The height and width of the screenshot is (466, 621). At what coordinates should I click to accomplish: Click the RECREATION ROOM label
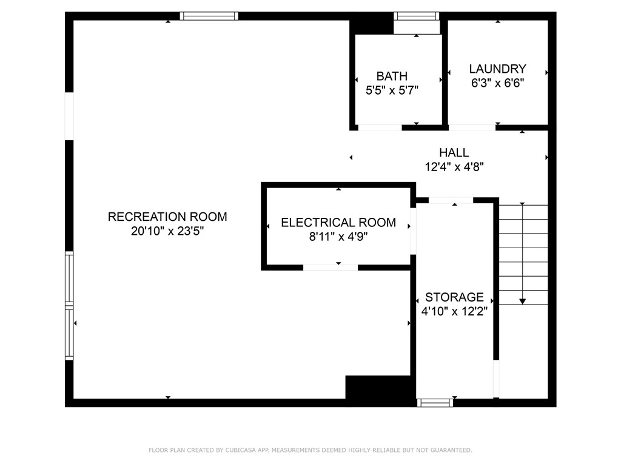point(167,217)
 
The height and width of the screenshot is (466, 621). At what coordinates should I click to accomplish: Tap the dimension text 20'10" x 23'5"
point(167,231)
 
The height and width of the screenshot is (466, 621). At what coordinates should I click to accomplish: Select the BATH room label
point(392,76)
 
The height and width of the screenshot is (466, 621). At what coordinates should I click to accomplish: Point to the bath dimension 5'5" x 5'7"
point(392,90)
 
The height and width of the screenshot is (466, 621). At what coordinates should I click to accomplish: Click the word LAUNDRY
point(497,69)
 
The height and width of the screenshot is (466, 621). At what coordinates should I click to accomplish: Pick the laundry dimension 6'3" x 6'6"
point(497,83)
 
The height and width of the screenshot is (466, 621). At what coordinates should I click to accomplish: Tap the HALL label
point(454,152)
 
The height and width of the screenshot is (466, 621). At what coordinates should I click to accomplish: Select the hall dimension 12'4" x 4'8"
point(454,166)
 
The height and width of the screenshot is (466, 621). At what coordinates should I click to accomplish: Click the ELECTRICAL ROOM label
point(338,223)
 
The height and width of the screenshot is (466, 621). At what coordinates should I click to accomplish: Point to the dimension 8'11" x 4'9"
point(338,237)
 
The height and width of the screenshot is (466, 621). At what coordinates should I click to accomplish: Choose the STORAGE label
point(454,297)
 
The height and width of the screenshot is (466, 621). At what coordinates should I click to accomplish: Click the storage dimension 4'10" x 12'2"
point(454,311)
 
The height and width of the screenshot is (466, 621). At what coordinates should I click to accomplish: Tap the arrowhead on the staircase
point(522,300)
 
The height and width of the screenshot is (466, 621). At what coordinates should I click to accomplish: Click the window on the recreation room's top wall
point(209,16)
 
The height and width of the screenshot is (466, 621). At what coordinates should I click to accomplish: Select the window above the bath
point(416,16)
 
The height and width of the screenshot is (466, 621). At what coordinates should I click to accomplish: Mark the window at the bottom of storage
point(435,402)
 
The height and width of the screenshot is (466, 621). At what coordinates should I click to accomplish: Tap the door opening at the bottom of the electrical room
point(330,267)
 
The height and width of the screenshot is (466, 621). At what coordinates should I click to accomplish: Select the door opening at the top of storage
point(451,200)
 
